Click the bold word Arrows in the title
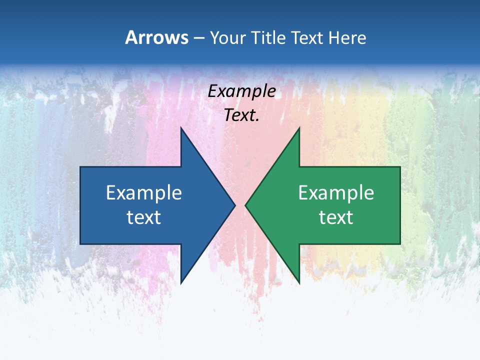[157, 37]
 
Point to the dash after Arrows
[198, 38]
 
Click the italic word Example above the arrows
[242, 91]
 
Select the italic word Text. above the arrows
[242, 115]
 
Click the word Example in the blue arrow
[144, 193]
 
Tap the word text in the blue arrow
[144, 217]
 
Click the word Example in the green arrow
[336, 193]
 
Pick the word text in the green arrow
[336, 217]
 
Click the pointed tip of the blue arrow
[235, 205]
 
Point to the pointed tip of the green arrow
[245, 205]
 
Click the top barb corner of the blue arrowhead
[181, 127]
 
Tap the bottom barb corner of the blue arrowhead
[181, 283]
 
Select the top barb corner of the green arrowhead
[299, 127]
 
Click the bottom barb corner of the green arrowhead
[299, 283]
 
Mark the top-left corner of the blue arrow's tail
[80, 167]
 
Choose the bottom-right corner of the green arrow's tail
[400, 244]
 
